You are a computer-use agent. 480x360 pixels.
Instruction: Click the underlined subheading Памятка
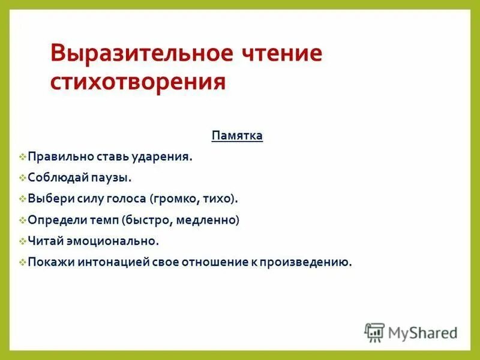237,136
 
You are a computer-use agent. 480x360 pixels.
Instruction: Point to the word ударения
166,157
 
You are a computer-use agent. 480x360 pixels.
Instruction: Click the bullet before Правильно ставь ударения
22,157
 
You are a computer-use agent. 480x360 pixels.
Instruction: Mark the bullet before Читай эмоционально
22,241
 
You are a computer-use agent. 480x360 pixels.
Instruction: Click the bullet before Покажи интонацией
22,262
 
